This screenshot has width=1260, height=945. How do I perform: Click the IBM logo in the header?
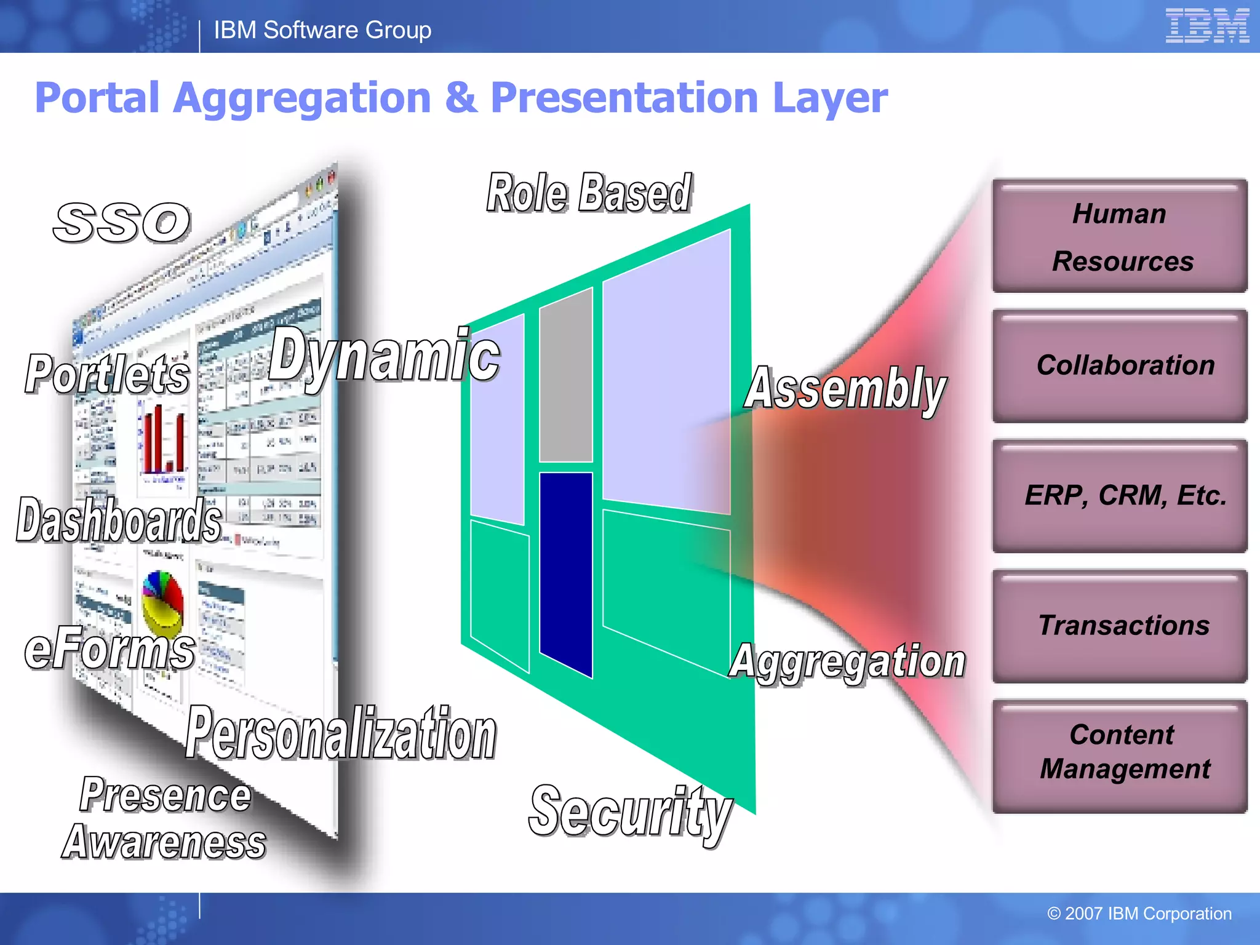coord(1206,26)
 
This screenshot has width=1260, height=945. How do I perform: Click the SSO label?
coord(122,222)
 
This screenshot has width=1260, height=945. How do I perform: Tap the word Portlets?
coord(108,375)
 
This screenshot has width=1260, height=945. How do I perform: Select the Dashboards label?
coord(119,520)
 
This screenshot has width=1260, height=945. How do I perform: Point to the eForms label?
coord(110,648)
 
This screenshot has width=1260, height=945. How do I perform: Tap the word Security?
coord(631,812)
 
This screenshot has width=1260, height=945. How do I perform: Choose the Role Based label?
coord(589,193)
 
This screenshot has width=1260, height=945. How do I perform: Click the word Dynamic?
coord(385,356)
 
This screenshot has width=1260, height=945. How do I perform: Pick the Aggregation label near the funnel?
coord(848,662)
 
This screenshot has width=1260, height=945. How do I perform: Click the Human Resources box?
coord(1120,236)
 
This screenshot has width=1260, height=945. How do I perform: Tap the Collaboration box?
coord(1120,366)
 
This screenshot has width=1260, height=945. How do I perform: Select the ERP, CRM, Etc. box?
coord(1120,496)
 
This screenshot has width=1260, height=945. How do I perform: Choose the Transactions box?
coord(1120,626)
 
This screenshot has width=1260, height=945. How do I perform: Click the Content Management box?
coord(1120,756)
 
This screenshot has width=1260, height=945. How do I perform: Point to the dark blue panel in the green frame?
coord(566,572)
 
